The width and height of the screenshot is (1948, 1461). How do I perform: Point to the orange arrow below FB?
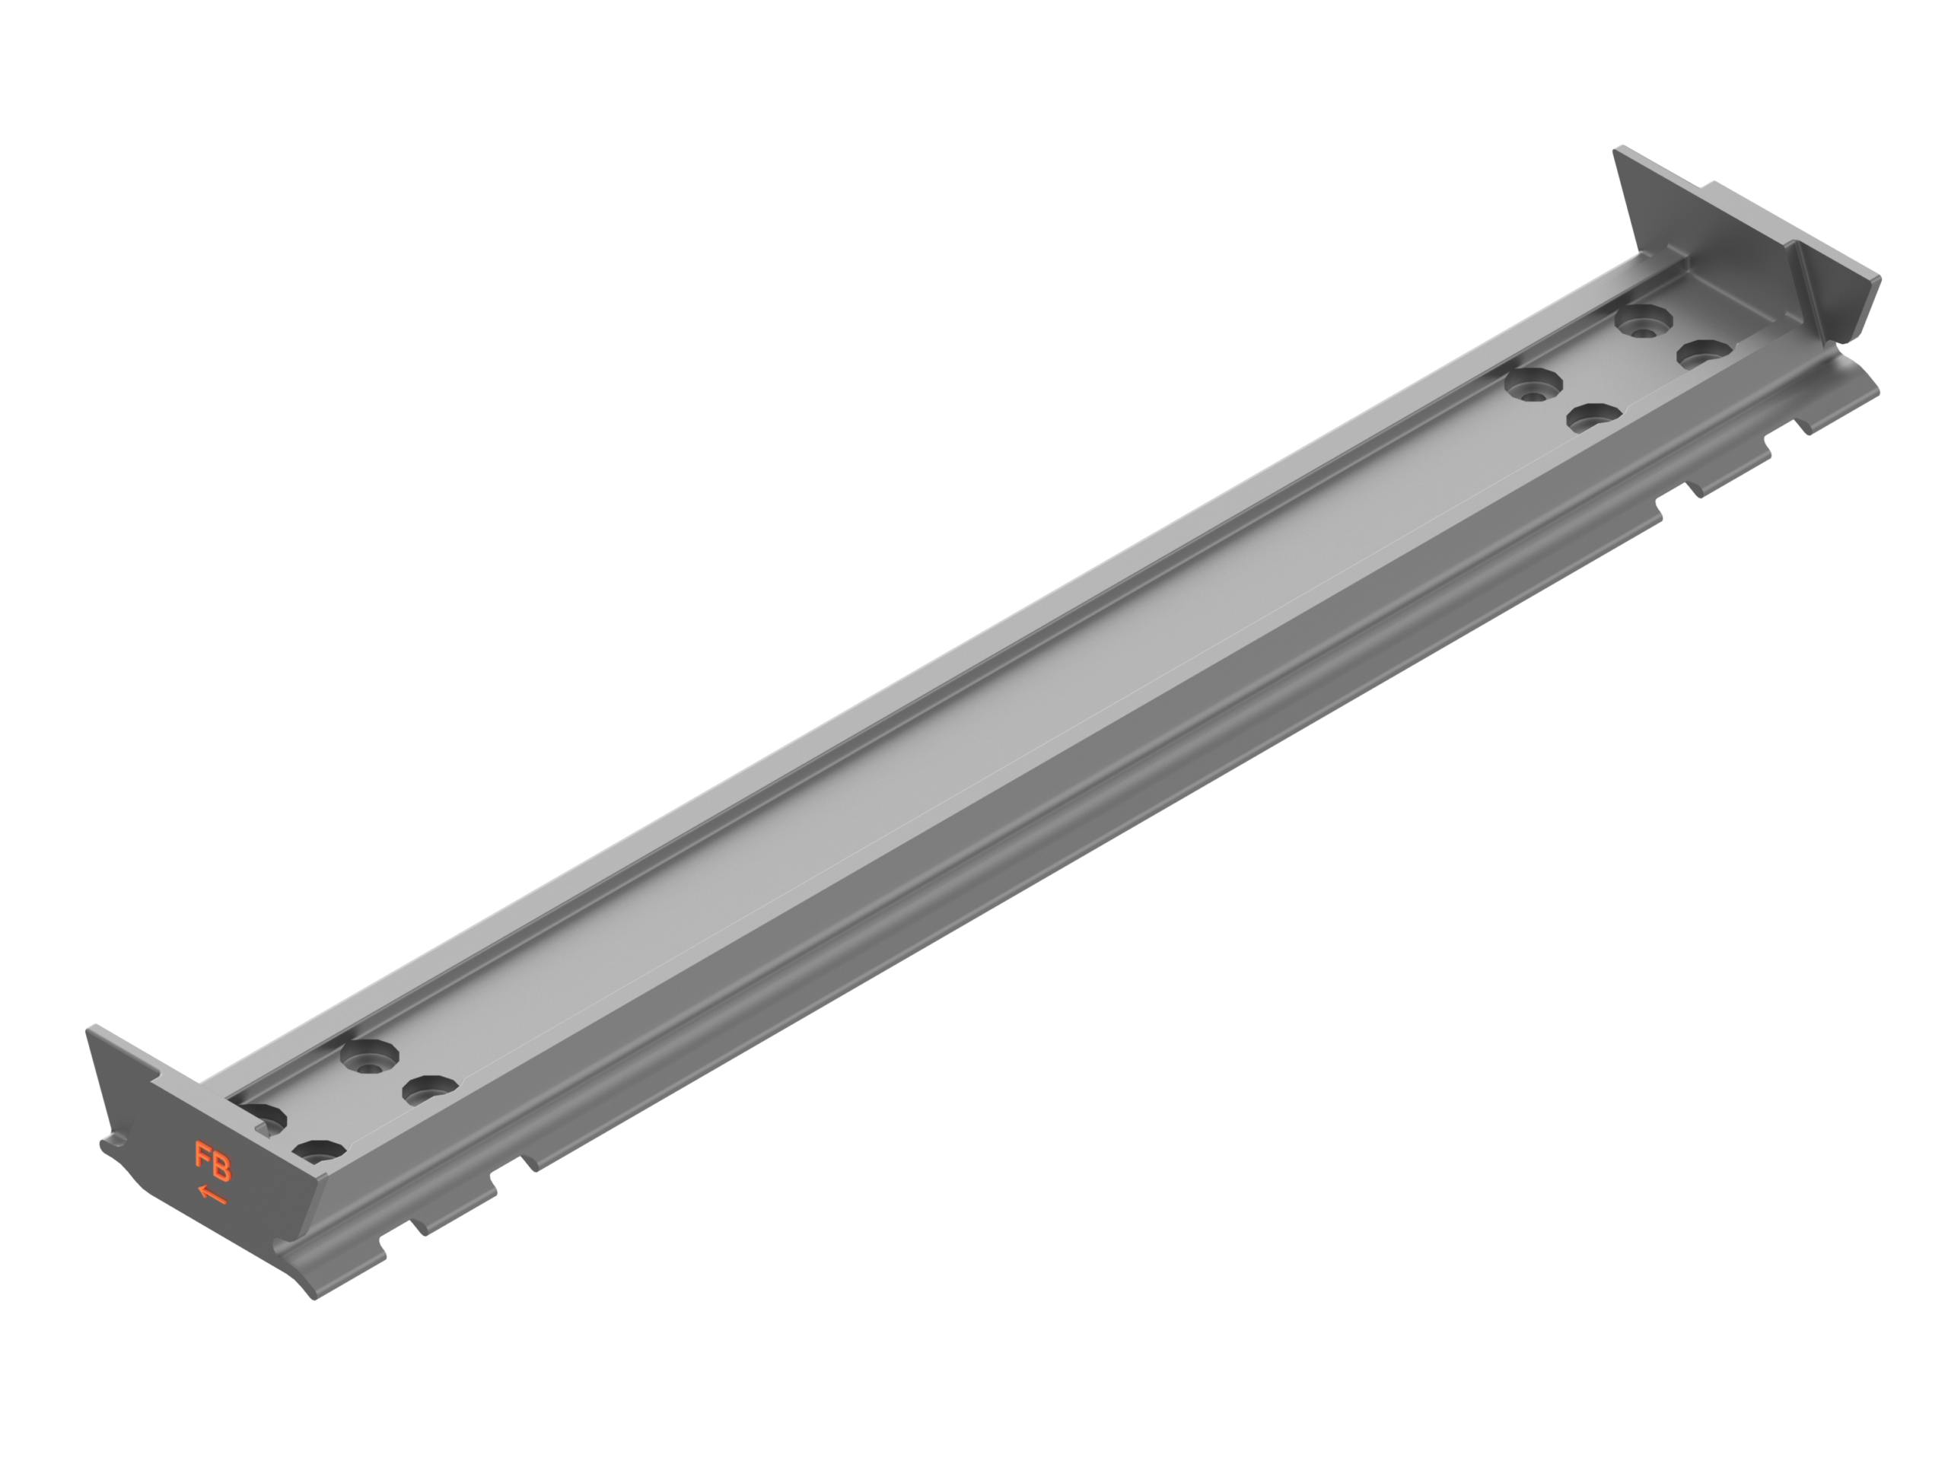(212, 1195)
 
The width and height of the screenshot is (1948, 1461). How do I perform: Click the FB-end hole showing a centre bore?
(370, 1056)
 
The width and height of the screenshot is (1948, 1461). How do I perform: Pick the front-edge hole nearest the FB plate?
(319, 1150)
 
